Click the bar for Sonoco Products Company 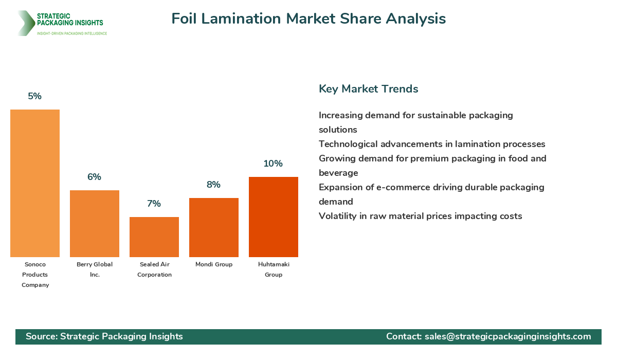[x=35, y=183]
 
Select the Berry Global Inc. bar [x=95, y=224]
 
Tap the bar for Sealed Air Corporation [x=154, y=237]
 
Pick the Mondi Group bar [x=214, y=227]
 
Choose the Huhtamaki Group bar [x=274, y=217]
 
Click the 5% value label [x=35, y=96]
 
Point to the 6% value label [x=95, y=177]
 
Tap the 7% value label [x=154, y=204]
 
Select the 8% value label [x=214, y=185]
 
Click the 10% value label [x=274, y=164]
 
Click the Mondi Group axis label [x=214, y=264]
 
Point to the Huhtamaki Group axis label [x=274, y=269]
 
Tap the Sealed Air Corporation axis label [x=154, y=269]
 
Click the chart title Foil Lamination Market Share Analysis [x=308, y=19]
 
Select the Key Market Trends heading [x=368, y=89]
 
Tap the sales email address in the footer [x=507, y=336]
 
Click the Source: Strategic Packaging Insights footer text [x=104, y=336]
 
